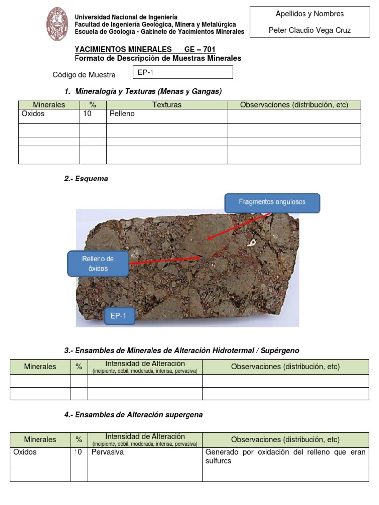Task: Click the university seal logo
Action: pyautogui.click(x=57, y=24)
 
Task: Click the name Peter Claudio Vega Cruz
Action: pyautogui.click(x=309, y=30)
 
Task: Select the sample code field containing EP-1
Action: pyautogui.click(x=183, y=72)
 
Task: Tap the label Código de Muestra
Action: pyautogui.click(x=84, y=75)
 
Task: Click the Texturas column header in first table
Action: pyautogui.click(x=167, y=105)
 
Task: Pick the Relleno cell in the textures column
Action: pyautogui.click(x=122, y=114)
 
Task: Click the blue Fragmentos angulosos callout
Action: pyautogui.click(x=272, y=202)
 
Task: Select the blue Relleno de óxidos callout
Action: pyautogui.click(x=97, y=263)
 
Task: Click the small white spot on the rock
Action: pyautogui.click(x=252, y=243)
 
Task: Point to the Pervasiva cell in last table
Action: pyautogui.click(x=108, y=452)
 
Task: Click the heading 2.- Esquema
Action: pyautogui.click(x=86, y=179)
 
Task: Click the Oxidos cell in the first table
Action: pyautogui.click(x=33, y=114)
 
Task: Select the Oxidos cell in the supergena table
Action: pyautogui.click(x=25, y=452)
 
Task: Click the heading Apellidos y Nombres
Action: pyautogui.click(x=309, y=14)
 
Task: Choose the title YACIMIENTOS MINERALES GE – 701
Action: pyautogui.click(x=145, y=49)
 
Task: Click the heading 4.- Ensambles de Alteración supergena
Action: pyautogui.click(x=133, y=415)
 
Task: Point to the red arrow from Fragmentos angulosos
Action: pyautogui.click(x=237, y=227)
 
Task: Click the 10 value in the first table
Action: pyautogui.click(x=87, y=114)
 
